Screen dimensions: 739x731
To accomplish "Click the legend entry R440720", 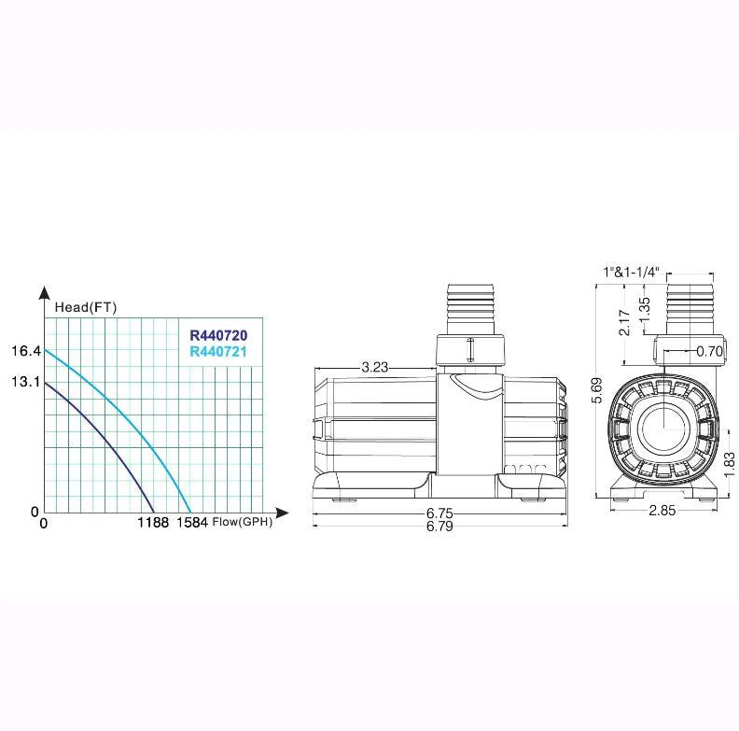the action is point(218,335).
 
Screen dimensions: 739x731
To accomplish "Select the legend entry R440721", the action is point(218,351).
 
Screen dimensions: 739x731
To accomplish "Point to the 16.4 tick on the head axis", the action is point(26,351).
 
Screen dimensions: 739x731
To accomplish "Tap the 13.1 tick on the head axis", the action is point(26,382).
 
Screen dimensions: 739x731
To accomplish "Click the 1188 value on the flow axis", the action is point(153,523).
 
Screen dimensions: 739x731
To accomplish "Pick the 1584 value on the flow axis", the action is point(192,523).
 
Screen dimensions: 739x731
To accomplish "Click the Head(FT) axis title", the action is point(86,307).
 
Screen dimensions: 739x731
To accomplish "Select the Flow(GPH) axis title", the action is point(243,522).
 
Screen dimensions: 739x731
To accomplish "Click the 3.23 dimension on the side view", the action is point(375,367).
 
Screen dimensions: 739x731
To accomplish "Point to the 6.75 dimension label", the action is point(439,513).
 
